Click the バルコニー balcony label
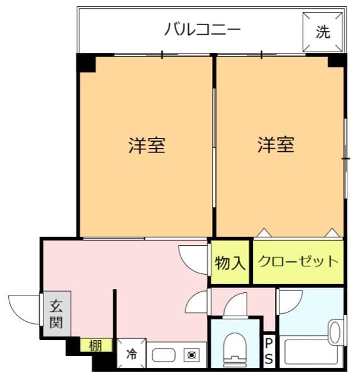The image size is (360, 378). [202, 30]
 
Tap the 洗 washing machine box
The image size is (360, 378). [323, 33]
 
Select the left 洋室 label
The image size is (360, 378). [147, 146]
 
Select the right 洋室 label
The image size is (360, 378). [276, 146]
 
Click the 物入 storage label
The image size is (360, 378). [230, 262]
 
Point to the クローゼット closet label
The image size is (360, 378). [298, 261]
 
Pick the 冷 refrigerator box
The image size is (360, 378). [132, 354]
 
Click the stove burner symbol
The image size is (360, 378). [191, 355]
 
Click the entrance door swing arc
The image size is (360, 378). [25, 307]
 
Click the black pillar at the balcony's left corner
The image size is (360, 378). [86, 63]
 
